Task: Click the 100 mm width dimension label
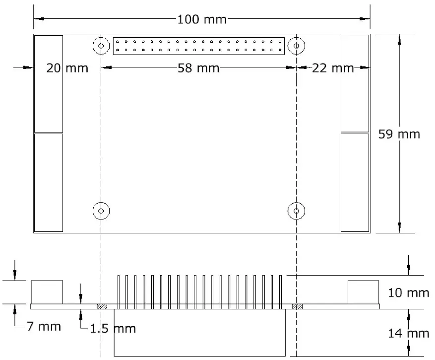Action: pyautogui.click(x=201, y=19)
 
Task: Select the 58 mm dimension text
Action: pyautogui.click(x=198, y=68)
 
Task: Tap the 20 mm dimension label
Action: pyautogui.click(x=67, y=68)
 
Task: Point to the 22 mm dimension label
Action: pyautogui.click(x=333, y=68)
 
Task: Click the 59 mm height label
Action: pyautogui.click(x=399, y=134)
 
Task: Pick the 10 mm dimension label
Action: pyautogui.click(x=408, y=293)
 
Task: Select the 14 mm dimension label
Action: pyautogui.click(x=408, y=333)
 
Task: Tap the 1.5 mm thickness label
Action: pyautogui.click(x=112, y=328)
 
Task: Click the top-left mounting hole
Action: pyautogui.click(x=101, y=46)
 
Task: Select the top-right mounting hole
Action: pyautogui.click(x=296, y=46)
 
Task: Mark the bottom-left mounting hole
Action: pyautogui.click(x=101, y=211)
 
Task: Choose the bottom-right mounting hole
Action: pyautogui.click(x=296, y=211)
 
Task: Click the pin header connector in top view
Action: pyautogui.click(x=199, y=46)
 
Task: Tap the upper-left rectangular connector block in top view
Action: pyautogui.click(x=49, y=83)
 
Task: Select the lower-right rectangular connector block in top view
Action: pyautogui.click(x=355, y=182)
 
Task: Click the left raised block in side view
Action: pyautogui.click(x=47, y=292)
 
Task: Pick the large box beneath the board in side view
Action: pyautogui.click(x=200, y=333)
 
